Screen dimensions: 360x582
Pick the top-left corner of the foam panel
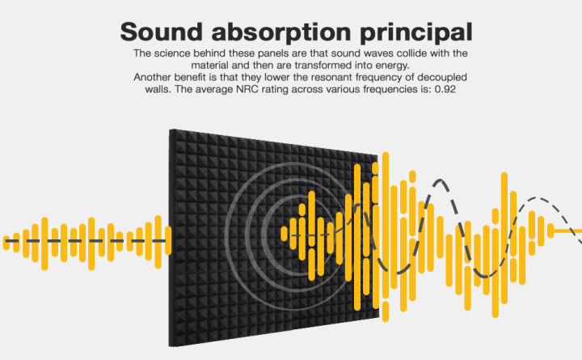click(x=169, y=129)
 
